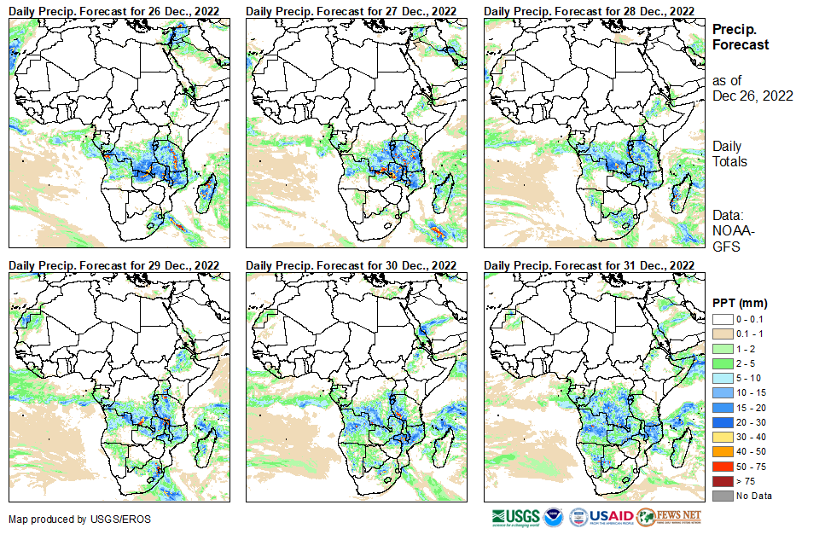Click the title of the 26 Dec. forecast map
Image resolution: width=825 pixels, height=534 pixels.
(x=114, y=10)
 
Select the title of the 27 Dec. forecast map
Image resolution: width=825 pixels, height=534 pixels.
(x=351, y=10)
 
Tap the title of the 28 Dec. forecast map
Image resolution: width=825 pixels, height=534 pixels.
(x=589, y=10)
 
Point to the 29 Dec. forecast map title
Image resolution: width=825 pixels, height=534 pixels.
(x=114, y=265)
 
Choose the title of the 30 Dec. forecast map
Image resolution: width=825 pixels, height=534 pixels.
(x=351, y=265)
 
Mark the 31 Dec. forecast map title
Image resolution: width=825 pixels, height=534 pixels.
(x=589, y=265)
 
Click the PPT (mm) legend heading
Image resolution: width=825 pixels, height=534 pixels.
(x=740, y=303)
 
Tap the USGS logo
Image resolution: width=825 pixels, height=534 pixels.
(x=514, y=517)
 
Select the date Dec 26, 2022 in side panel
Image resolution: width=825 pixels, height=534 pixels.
(x=752, y=96)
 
